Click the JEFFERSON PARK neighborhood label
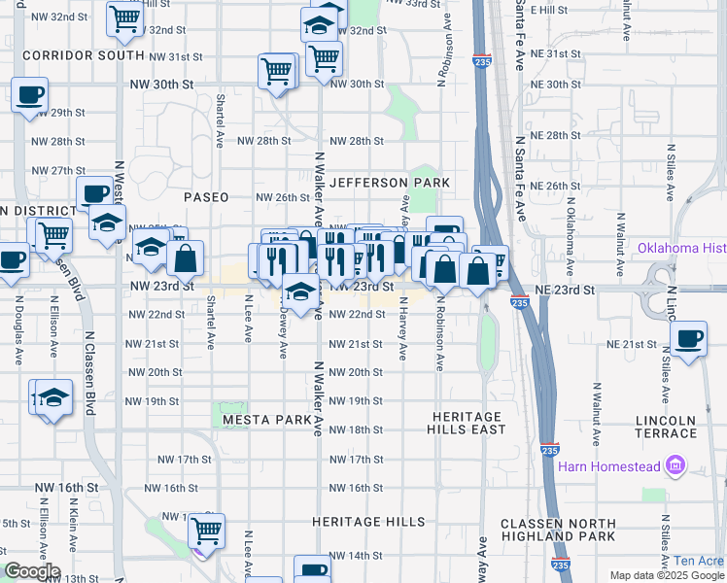[389, 183]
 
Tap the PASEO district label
[207, 197]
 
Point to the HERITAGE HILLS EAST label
[468, 423]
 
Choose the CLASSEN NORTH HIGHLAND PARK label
[558, 530]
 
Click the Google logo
[32, 570]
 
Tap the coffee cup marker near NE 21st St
[690, 338]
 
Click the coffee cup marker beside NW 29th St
[29, 95]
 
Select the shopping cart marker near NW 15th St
[206, 530]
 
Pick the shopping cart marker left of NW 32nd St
[123, 18]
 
